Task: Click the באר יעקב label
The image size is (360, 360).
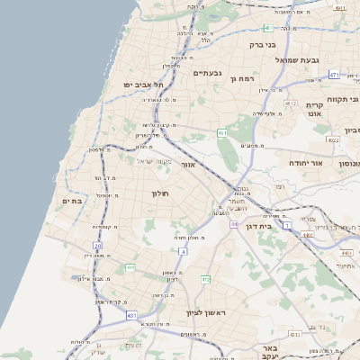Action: (269, 352)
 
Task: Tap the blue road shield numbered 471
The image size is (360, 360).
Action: (334, 75)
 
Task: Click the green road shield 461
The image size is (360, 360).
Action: (221, 133)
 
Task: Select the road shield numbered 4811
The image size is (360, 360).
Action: (338, 7)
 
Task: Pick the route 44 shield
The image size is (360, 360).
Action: (234, 223)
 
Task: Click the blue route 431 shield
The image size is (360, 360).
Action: (132, 315)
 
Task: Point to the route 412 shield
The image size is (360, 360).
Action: (205, 279)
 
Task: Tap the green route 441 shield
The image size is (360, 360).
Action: (130, 267)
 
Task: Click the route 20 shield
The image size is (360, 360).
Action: (98, 245)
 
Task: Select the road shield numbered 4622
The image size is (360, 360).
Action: (334, 139)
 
